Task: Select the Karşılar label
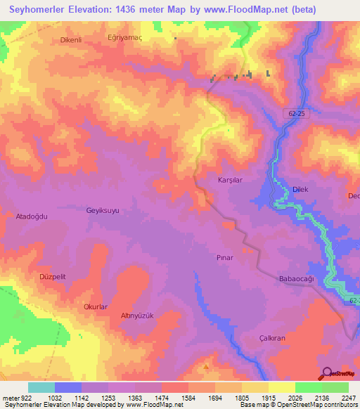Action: (x=230, y=180)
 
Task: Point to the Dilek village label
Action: (x=301, y=188)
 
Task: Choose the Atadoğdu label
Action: (x=32, y=217)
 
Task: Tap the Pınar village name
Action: (x=224, y=258)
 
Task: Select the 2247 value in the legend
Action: (x=349, y=398)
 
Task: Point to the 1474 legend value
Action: (x=148, y=398)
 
